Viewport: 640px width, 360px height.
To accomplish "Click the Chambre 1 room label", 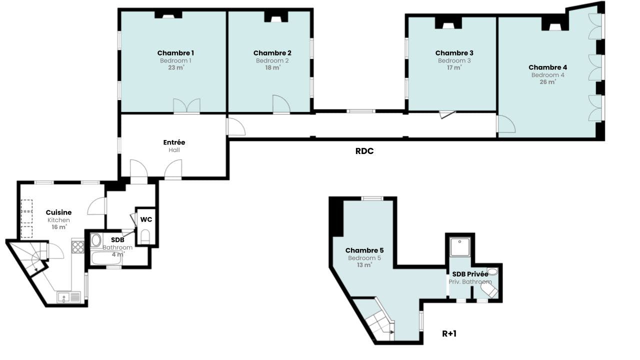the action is [175, 53].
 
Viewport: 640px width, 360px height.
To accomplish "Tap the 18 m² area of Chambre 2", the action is [272, 67].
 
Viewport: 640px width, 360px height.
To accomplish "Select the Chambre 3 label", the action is [454, 53].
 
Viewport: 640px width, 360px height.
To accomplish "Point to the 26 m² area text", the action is [547, 81].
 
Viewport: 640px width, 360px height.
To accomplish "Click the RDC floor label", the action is [364, 151].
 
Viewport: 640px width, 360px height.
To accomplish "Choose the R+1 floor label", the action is [449, 333].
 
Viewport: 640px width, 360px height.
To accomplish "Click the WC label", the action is [146, 219].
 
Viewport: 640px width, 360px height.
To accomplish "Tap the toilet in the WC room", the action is [145, 236].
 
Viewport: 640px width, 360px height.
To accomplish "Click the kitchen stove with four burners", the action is [77, 247].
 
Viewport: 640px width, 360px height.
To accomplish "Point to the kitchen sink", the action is [69, 297].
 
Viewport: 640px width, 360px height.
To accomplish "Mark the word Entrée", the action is [174, 142].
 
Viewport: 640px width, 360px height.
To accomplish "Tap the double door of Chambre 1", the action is [187, 105].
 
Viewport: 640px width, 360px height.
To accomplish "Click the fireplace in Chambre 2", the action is [275, 17].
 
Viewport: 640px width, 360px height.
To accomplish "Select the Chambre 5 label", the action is [364, 250].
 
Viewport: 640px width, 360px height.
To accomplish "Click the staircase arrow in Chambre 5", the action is [391, 332].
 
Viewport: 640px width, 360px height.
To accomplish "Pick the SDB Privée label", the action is [470, 274].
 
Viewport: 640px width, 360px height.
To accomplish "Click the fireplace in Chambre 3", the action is [448, 23].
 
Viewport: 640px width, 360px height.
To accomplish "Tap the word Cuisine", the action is [58, 212].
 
